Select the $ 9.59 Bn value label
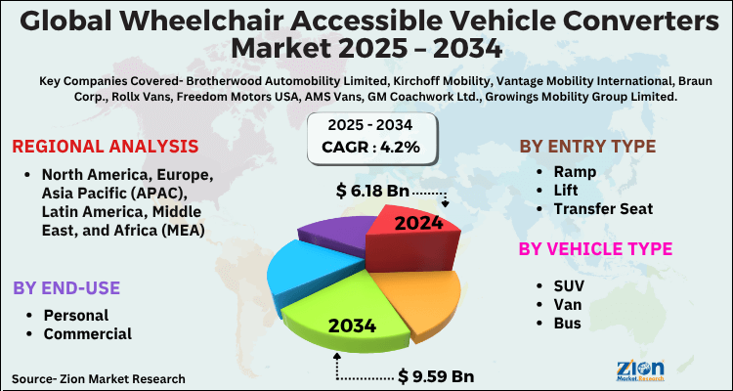click(x=438, y=375)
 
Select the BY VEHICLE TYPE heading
click(x=595, y=249)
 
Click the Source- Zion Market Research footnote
click(x=99, y=377)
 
